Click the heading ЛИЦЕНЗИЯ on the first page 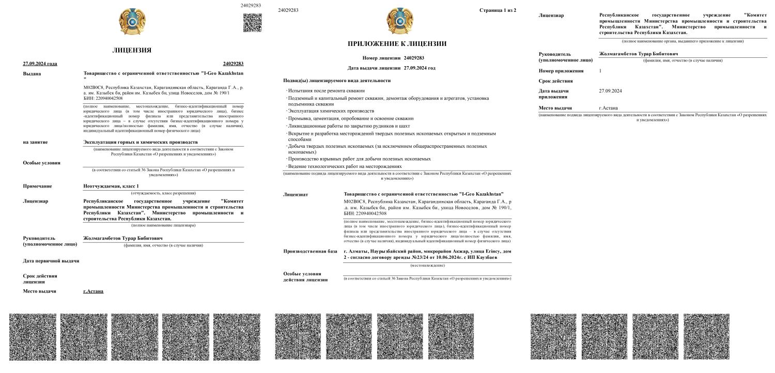(132, 50)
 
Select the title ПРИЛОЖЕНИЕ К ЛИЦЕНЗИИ (397, 44)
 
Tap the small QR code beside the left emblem (252, 23)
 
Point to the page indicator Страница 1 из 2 (498, 10)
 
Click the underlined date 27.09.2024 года (40, 64)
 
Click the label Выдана (33, 74)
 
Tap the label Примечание (38, 186)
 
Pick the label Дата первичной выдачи (51, 261)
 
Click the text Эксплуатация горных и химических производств (141, 142)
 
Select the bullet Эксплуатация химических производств (331, 111)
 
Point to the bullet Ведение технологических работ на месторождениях (345, 166)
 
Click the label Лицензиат (296, 195)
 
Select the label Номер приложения (561, 71)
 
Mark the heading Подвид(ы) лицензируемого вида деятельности (337, 81)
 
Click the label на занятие (36, 142)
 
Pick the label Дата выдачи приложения (553, 94)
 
